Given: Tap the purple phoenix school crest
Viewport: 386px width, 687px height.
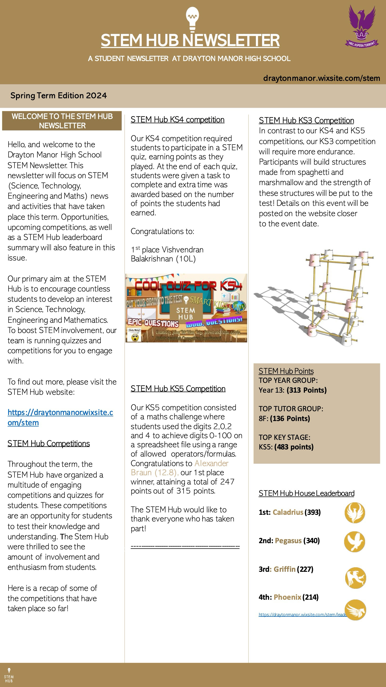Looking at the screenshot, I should pos(362,27).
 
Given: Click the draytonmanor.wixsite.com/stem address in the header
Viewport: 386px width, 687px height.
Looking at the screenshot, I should pos(321,78).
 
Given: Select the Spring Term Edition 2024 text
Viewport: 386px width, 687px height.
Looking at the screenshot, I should pos(59,95).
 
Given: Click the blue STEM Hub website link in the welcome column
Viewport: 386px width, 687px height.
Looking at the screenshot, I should pos(60,417).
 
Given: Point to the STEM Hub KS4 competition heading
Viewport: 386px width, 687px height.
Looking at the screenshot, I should pos(178,120).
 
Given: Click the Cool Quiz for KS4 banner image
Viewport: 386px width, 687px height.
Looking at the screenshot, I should pos(186,308).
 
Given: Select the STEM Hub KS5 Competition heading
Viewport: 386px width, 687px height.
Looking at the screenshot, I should pos(178,389).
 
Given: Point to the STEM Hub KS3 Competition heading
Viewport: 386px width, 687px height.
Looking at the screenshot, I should pos(306,120).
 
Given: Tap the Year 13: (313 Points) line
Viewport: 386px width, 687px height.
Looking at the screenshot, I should pos(293,390).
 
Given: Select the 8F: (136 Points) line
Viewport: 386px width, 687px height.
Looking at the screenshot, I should pos(284,418).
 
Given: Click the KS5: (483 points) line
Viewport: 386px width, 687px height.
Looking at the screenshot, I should pos(286,447).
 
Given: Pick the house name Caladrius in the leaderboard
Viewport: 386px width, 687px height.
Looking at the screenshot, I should pos(288,512).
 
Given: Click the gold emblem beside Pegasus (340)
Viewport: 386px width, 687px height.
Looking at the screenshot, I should pos(355,542).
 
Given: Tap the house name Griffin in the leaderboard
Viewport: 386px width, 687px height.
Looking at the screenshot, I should pos(284,569).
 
